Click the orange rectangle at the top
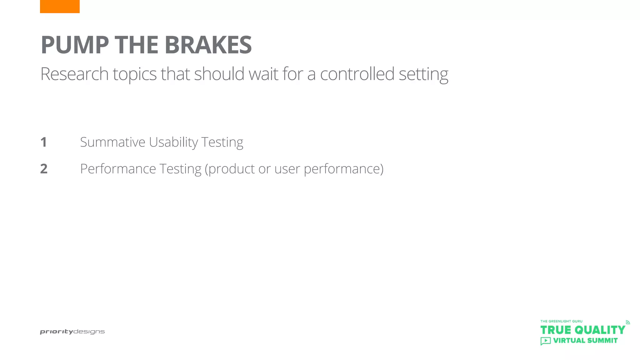point(60,6)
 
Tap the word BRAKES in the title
point(208,45)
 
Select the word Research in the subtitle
point(74,74)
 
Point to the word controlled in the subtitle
point(357,74)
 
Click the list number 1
point(44,142)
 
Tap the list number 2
point(44,169)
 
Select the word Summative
point(112,142)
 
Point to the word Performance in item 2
point(118,169)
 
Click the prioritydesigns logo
point(72,332)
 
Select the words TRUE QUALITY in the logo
point(582,330)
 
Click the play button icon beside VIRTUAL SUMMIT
point(546,341)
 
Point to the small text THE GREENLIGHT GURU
point(561,321)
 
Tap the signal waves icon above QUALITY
point(627,322)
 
